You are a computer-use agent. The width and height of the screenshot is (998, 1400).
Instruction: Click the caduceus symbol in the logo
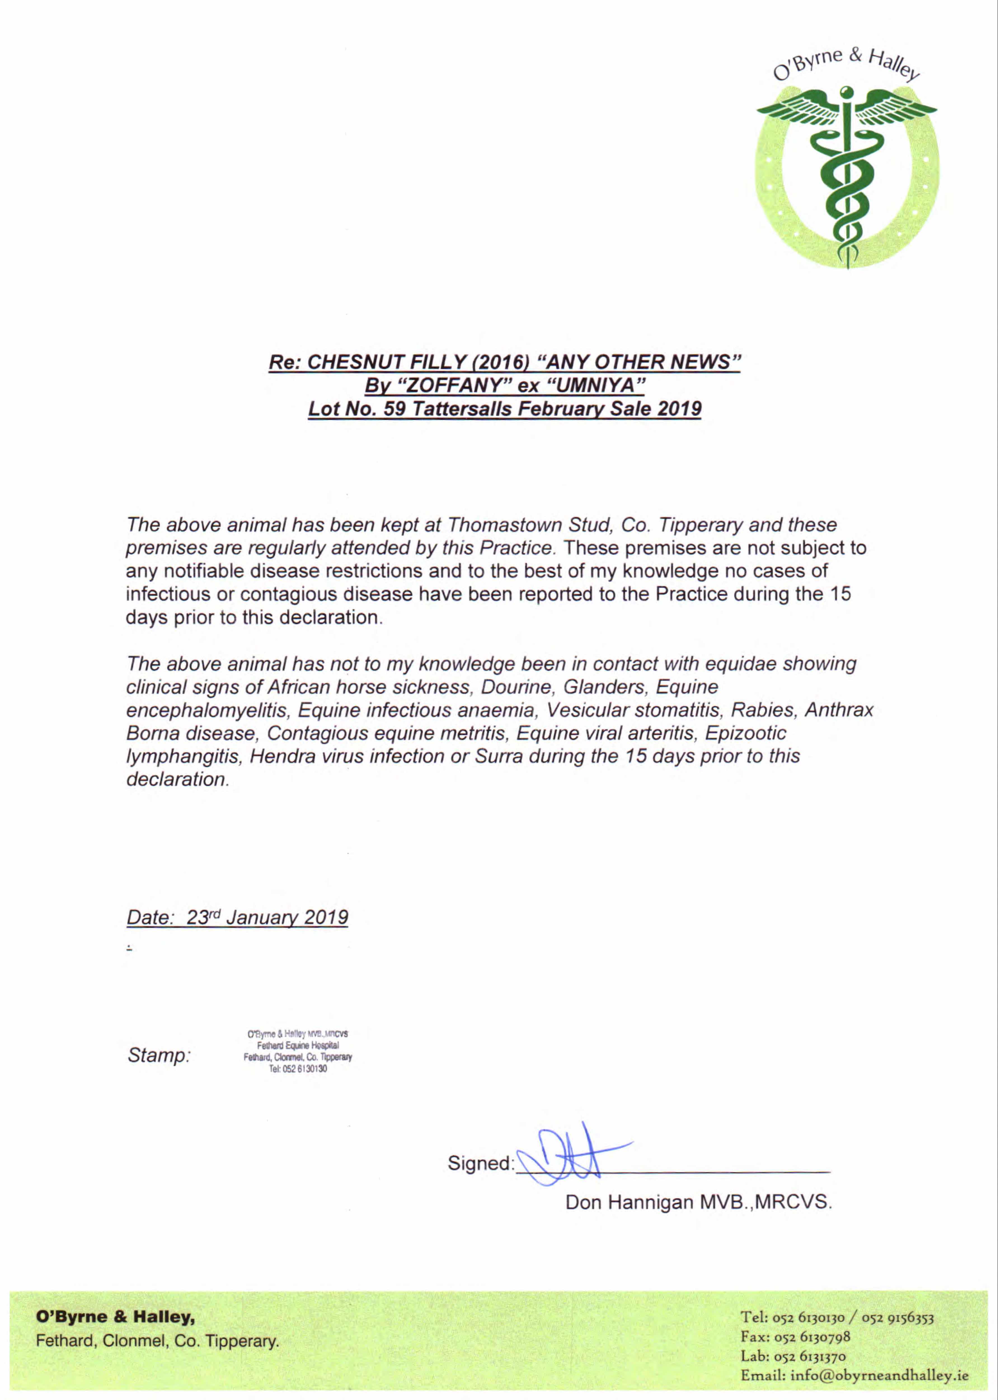847,175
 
